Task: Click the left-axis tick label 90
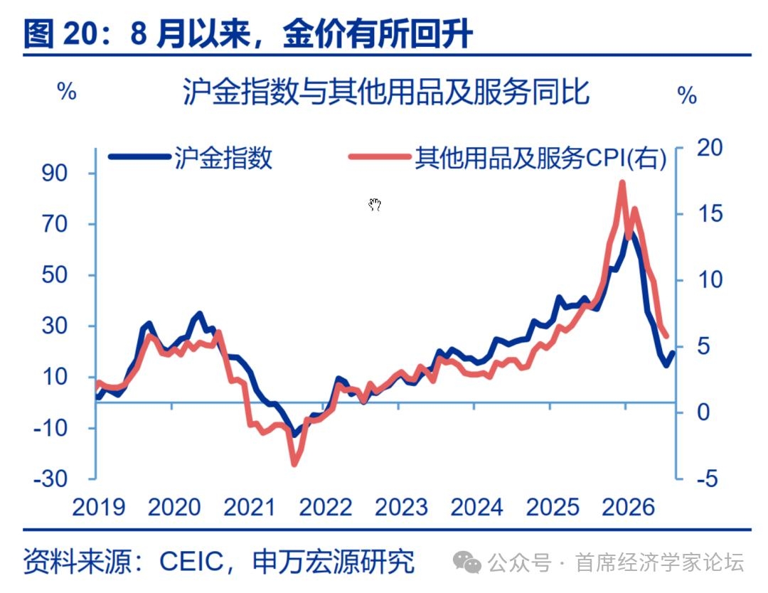tap(54, 173)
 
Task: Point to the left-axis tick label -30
tap(50, 479)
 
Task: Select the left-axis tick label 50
tap(54, 274)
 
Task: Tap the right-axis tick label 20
tap(710, 147)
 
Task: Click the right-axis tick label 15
tap(710, 213)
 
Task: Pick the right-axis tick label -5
tap(708, 479)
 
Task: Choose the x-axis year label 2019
tap(98, 507)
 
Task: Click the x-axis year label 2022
tap(325, 507)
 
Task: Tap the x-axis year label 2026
tap(628, 507)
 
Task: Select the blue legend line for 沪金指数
tap(139, 157)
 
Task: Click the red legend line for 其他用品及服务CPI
tap(380, 157)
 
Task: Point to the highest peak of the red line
tap(622, 183)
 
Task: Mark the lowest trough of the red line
tap(294, 463)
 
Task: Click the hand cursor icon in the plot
tap(375, 204)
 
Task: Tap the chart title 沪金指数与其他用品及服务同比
tap(386, 92)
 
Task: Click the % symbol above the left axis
tap(67, 91)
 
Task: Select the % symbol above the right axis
tap(687, 95)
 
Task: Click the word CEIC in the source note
tap(191, 561)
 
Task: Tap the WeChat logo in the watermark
tap(466, 562)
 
